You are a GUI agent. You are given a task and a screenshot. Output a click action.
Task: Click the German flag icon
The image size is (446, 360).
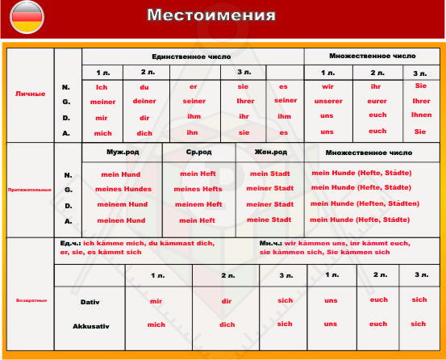pos(26,15)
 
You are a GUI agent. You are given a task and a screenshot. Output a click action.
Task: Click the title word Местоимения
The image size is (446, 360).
pos(210,15)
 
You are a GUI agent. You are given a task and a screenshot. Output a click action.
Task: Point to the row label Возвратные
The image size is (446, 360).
pos(30,299)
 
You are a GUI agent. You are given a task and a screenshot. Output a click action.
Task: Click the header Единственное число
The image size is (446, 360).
pos(192,56)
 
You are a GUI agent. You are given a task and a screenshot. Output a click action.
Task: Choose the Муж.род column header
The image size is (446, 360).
pos(122,152)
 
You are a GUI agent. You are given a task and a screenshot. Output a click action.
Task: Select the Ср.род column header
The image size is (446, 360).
pos(198,152)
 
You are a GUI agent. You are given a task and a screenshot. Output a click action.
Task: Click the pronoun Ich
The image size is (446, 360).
pos(102,87)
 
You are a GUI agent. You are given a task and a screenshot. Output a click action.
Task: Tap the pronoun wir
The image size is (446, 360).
pos(327,87)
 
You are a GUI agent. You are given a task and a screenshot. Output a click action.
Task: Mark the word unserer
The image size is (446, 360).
pos(327,103)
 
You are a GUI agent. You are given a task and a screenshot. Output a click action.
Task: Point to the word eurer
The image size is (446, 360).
pos(377,103)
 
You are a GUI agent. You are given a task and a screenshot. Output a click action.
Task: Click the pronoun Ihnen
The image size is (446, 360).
pos(421,115)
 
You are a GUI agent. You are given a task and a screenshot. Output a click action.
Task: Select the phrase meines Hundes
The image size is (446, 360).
pos(123,189)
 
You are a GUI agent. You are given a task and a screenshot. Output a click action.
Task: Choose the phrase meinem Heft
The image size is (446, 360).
pos(198,204)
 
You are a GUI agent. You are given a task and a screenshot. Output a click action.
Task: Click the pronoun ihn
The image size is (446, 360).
pos(194,132)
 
